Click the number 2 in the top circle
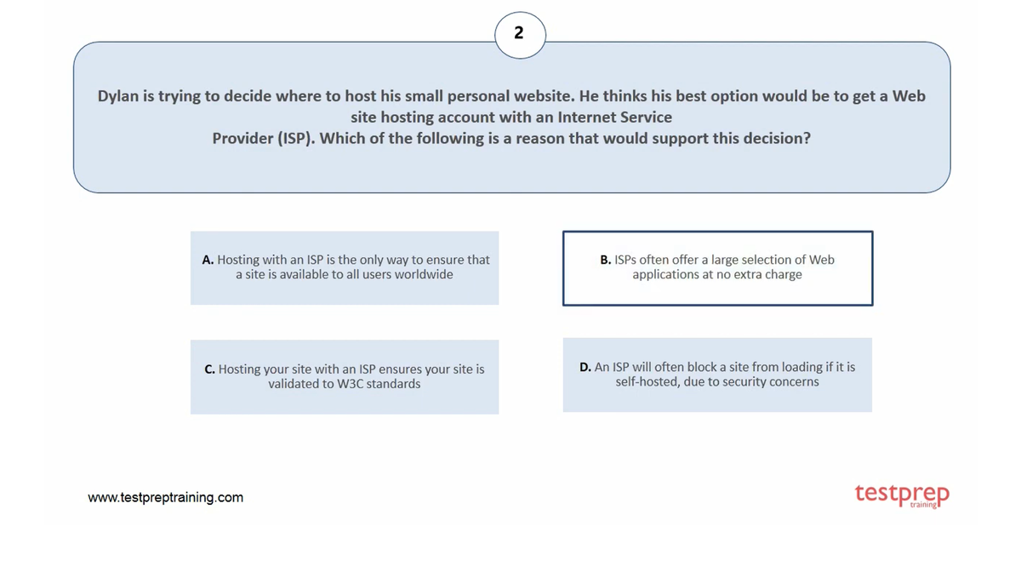(519, 34)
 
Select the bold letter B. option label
(606, 260)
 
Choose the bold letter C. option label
(210, 369)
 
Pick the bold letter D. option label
(585, 367)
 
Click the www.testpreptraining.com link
(166, 497)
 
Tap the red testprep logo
(902, 495)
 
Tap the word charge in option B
(782, 274)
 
